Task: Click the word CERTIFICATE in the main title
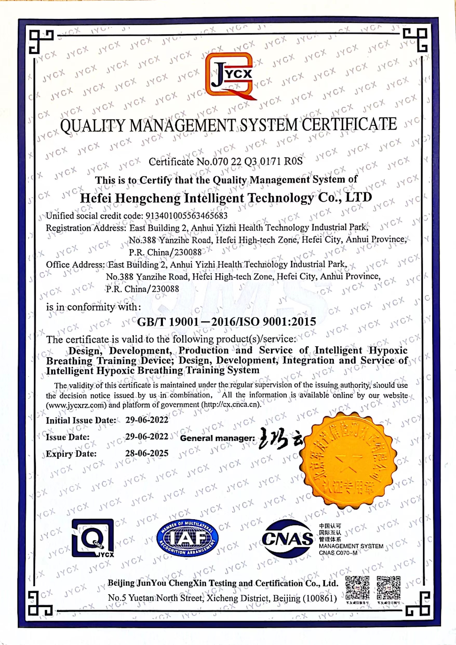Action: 349,124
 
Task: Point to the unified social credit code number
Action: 186,216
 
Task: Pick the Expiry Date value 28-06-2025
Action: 147,453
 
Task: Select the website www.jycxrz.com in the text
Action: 76,405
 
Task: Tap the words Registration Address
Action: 85,228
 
